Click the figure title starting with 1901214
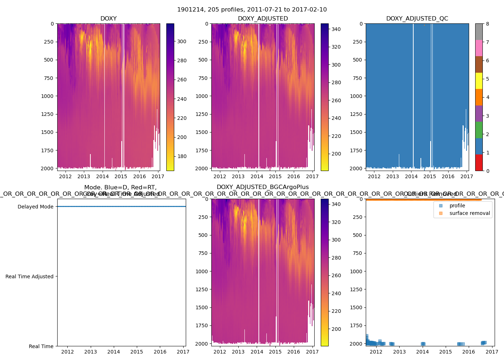[252, 10]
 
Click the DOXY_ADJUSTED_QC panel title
[417, 19]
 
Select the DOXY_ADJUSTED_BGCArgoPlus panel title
[263, 187]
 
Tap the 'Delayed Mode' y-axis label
[35, 207]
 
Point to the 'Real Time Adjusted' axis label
[29, 276]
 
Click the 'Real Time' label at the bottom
[41, 346]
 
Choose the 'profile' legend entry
[457, 206]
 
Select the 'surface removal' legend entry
[469, 213]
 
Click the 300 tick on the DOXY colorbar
[182, 41]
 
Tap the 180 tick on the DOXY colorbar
[182, 156]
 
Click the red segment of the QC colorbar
[479, 162]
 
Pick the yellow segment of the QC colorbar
[479, 81]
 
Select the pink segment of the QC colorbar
[479, 48]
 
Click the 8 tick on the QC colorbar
[487, 24]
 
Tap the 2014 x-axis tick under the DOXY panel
[102, 176]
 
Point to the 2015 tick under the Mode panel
[137, 352]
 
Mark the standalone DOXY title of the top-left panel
[108, 19]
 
